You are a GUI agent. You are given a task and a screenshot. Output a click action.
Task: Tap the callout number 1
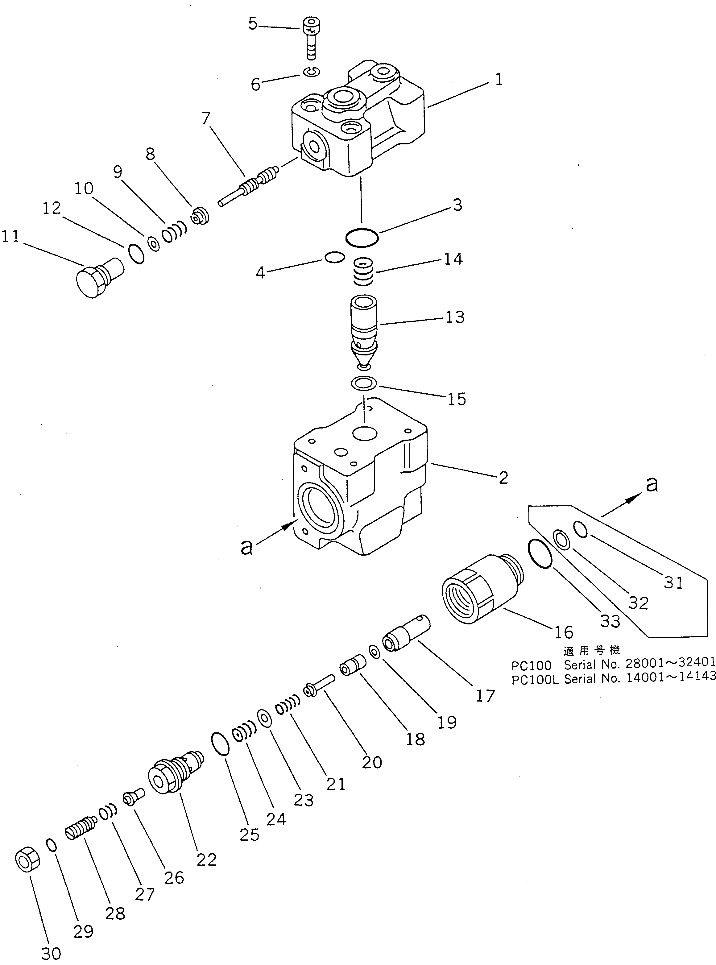[x=499, y=80]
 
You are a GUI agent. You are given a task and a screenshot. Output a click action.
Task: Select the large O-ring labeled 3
[x=362, y=238]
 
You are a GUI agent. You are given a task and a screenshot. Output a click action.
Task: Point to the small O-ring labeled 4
[x=334, y=258]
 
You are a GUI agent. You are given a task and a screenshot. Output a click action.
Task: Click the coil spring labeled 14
[x=363, y=272]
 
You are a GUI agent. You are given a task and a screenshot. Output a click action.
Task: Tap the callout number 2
[x=503, y=478]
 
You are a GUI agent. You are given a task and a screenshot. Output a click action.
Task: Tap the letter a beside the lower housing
[x=246, y=547]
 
